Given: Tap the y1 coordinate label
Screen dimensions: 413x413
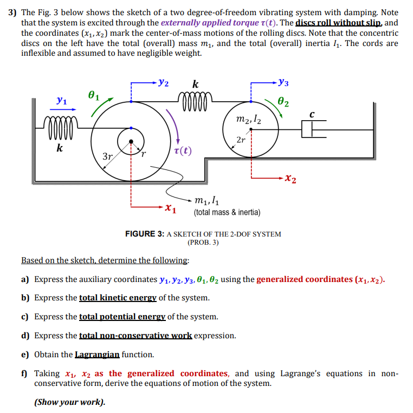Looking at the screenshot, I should pyautogui.click(x=62, y=101).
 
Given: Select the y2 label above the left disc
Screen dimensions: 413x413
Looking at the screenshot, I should pyautogui.click(x=162, y=83).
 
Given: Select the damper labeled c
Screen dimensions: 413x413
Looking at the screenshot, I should pyautogui.click(x=310, y=129).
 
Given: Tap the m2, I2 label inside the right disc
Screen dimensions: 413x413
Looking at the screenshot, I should pyautogui.click(x=249, y=120).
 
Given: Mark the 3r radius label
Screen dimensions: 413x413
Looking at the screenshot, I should pyautogui.click(x=107, y=157).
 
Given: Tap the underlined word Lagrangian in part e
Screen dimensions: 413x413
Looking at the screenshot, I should pyautogui.click(x=97, y=355).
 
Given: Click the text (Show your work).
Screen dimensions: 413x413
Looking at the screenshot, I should pyautogui.click(x=70, y=402).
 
